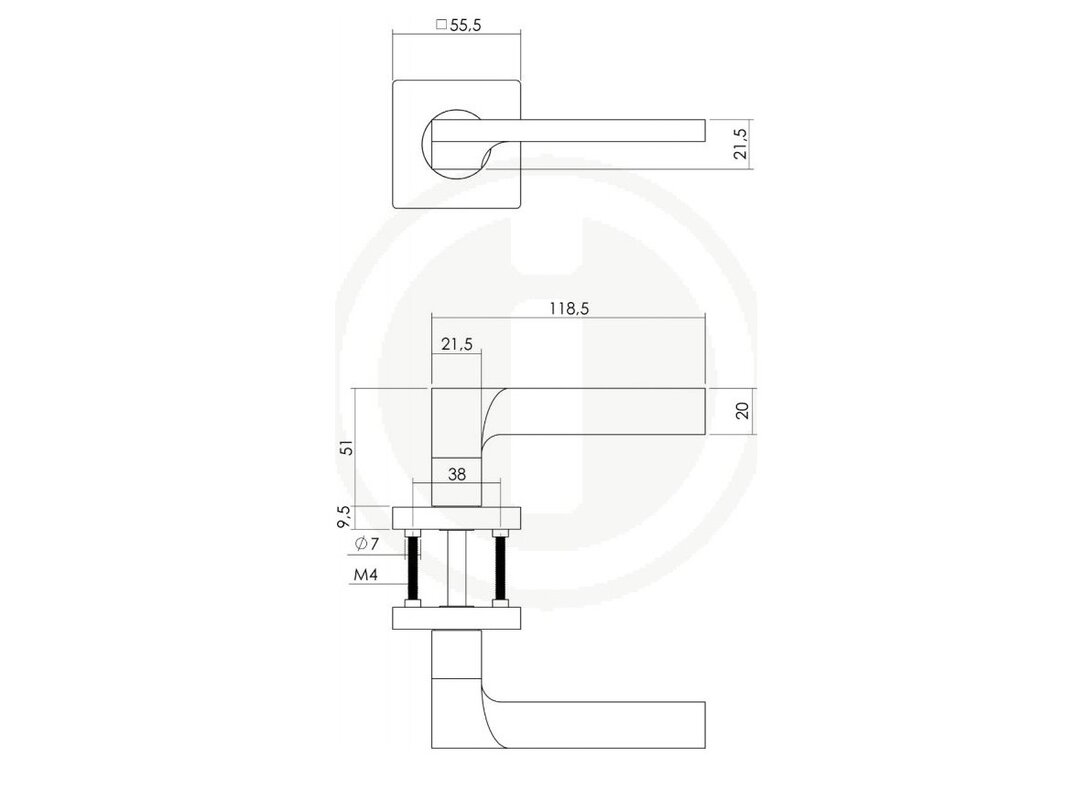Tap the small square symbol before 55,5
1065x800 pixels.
[441, 25]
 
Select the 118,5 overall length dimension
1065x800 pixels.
[569, 309]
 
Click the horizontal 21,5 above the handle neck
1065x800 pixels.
[456, 344]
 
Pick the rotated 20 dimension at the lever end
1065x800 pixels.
[742, 411]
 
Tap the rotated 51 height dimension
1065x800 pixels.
[347, 448]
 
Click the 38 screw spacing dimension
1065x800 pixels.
[457, 474]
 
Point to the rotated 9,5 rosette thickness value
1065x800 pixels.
[345, 516]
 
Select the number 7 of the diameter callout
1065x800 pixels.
[374, 543]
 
